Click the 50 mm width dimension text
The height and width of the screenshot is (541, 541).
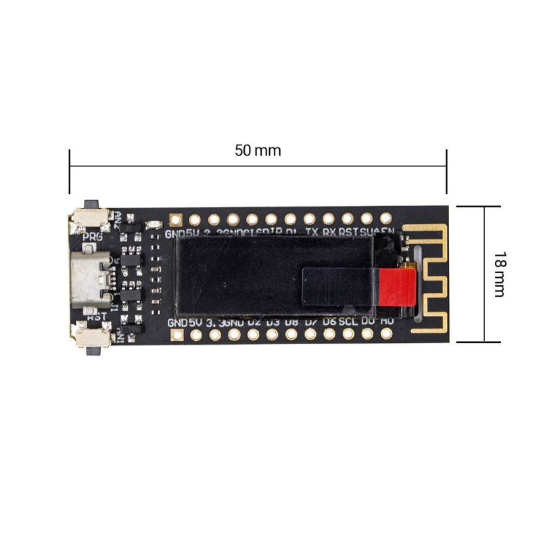[x=258, y=150]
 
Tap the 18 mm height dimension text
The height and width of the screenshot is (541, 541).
[x=500, y=274]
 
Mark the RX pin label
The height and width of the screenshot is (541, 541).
[x=329, y=232]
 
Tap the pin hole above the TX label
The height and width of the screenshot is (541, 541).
[x=309, y=219]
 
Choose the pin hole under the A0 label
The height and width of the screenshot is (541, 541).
[x=386, y=333]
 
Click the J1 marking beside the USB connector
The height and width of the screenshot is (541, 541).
[x=116, y=308]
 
